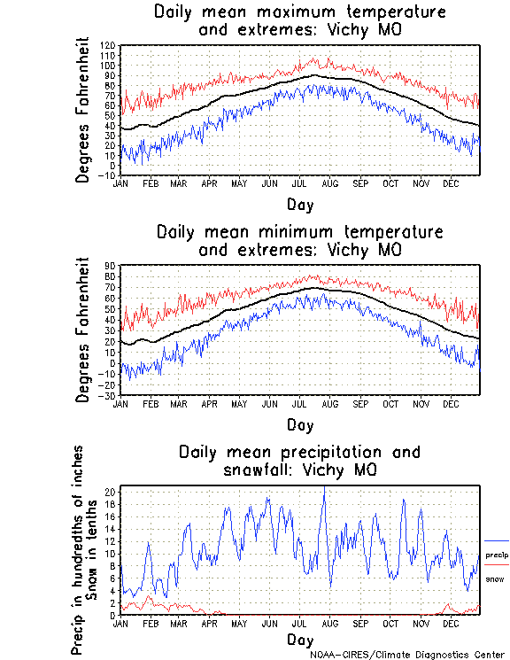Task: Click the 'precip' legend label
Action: [x=495, y=554]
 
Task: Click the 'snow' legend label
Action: [x=495, y=578]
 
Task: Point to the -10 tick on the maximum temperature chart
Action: [x=108, y=175]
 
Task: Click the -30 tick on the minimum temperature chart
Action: [x=108, y=395]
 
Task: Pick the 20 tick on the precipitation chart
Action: [x=112, y=492]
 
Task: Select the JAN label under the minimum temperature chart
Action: [x=121, y=404]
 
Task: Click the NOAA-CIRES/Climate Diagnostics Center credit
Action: [x=407, y=654]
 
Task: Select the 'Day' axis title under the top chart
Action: [x=299, y=204]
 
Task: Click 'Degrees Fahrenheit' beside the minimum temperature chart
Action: [x=84, y=330]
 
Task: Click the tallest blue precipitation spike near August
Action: [x=324, y=489]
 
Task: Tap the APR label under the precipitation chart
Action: [x=209, y=624]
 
